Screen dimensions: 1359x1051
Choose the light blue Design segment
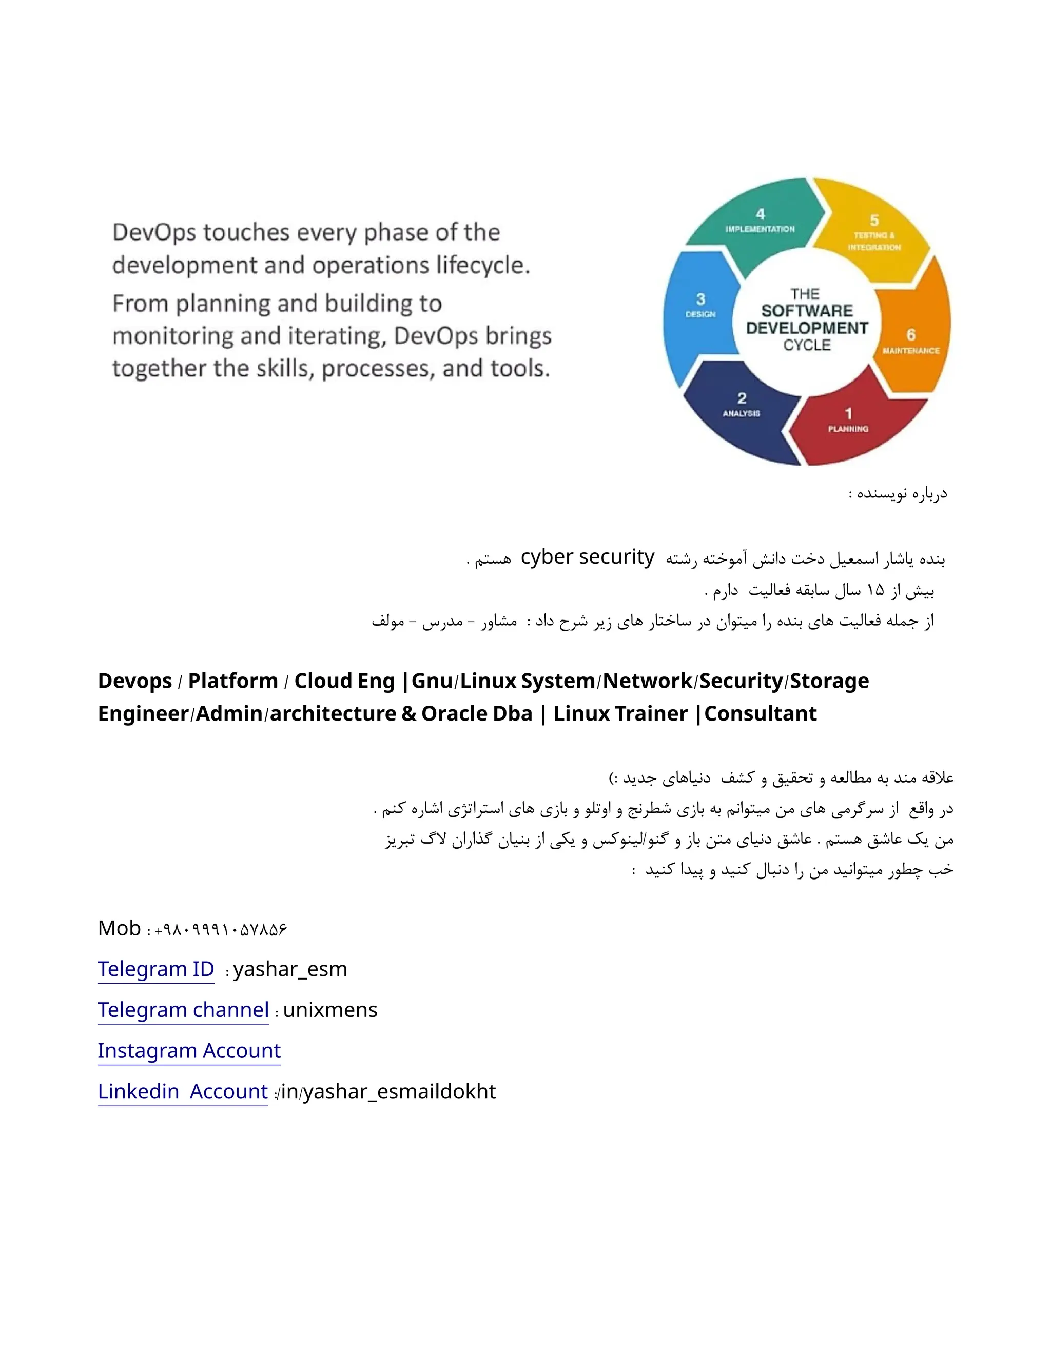[x=700, y=308]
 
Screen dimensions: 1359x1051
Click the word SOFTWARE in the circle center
[x=807, y=310]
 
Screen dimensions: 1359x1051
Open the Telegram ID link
[x=155, y=969]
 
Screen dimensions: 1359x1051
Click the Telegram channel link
[x=183, y=1010]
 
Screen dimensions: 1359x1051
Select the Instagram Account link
[x=189, y=1051]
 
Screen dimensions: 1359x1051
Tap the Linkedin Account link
[x=182, y=1092]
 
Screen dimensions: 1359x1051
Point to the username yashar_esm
[x=290, y=969]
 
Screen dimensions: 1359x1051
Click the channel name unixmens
[x=330, y=1010]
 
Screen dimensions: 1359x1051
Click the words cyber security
[x=587, y=557]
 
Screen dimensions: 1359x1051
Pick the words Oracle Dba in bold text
[x=476, y=714]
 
